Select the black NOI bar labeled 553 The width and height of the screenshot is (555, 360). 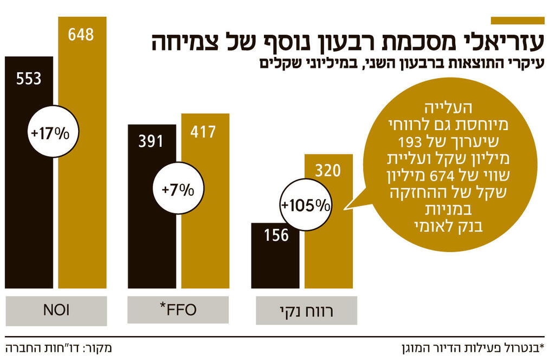pos(29,217)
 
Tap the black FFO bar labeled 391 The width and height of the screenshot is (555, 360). pos(151,244)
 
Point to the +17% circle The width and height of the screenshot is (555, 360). pos(54,133)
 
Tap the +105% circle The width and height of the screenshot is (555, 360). pos(305,205)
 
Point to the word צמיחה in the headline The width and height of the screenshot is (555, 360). pos(182,43)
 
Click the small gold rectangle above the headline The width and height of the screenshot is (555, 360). pos(517,21)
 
